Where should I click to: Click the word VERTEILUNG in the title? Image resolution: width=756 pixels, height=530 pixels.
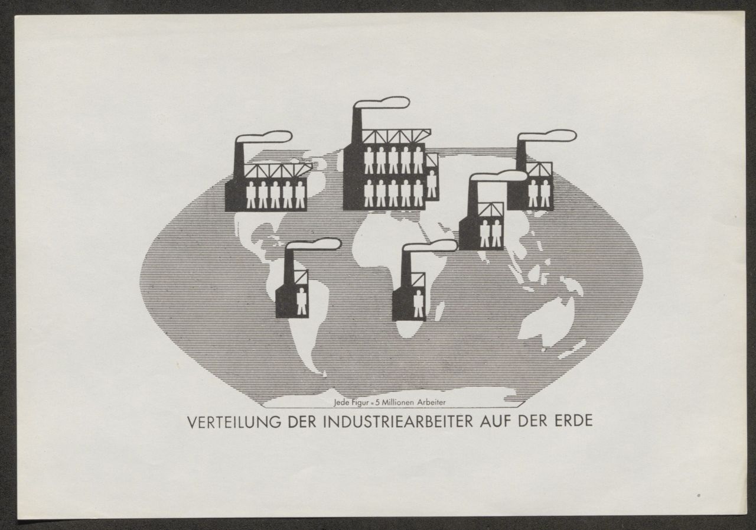[x=234, y=422]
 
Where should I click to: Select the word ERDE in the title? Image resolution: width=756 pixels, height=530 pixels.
[x=573, y=421]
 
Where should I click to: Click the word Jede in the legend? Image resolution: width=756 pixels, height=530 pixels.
[x=341, y=403]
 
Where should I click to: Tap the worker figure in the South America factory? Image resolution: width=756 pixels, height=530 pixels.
[x=301, y=301]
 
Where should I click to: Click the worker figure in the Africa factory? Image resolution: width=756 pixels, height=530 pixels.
[x=419, y=304]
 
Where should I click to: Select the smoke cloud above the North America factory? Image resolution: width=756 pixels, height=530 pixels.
[x=264, y=137]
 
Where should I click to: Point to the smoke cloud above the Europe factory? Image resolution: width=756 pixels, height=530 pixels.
[x=382, y=103]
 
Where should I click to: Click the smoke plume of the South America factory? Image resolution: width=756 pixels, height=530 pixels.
[x=313, y=244]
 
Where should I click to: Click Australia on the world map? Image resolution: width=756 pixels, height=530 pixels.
[x=547, y=321]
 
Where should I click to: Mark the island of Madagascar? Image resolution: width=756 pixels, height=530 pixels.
[x=440, y=311]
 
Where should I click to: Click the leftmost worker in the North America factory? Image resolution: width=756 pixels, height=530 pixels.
[x=251, y=195]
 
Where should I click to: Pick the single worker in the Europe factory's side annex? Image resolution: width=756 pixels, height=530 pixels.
[x=431, y=184]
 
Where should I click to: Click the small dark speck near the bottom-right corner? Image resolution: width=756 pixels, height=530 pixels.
[x=699, y=496]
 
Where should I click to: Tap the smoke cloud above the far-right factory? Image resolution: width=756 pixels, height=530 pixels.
[x=547, y=136]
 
